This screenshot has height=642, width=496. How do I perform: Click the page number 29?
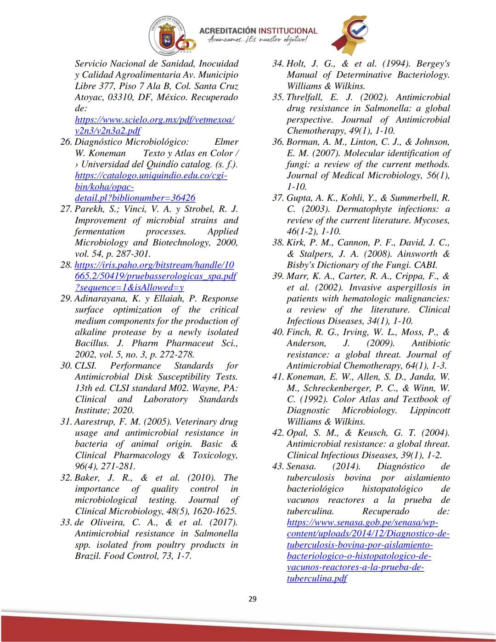(x=252, y=599)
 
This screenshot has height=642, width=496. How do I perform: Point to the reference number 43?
(x=278, y=466)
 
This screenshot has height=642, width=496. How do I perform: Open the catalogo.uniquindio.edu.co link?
(x=151, y=176)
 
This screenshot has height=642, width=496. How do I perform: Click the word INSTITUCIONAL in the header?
(x=288, y=31)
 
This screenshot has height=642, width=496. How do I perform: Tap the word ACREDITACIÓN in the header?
(x=226, y=31)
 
